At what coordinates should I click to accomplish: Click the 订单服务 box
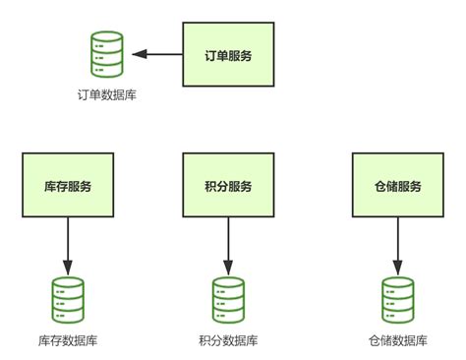coord(228,54)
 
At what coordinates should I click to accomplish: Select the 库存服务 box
coord(68,185)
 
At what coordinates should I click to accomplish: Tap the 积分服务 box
coord(228,185)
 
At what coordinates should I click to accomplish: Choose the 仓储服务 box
coord(398,185)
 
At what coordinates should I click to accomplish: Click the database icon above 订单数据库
coord(107,54)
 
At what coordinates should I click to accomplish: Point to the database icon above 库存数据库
coord(68,300)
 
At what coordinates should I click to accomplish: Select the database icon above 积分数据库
coord(228,300)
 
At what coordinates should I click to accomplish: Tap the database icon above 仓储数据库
coord(398,300)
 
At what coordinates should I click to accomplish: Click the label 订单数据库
coord(107,95)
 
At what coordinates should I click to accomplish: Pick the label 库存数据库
coord(68,341)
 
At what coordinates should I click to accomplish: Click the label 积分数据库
coord(228,341)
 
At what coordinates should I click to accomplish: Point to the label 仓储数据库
coord(398,341)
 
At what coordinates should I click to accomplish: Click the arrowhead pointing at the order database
coord(140,54)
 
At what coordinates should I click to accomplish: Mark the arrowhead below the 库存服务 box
coord(68,268)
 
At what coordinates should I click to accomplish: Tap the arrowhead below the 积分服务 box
coord(228,268)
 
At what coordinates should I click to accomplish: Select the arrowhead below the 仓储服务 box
coord(398,268)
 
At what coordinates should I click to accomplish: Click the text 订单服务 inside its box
coord(228,55)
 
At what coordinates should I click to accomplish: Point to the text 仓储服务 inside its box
coord(398,186)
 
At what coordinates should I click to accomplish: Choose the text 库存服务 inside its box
coord(68,186)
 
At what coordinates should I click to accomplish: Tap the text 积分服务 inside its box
coord(228,186)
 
